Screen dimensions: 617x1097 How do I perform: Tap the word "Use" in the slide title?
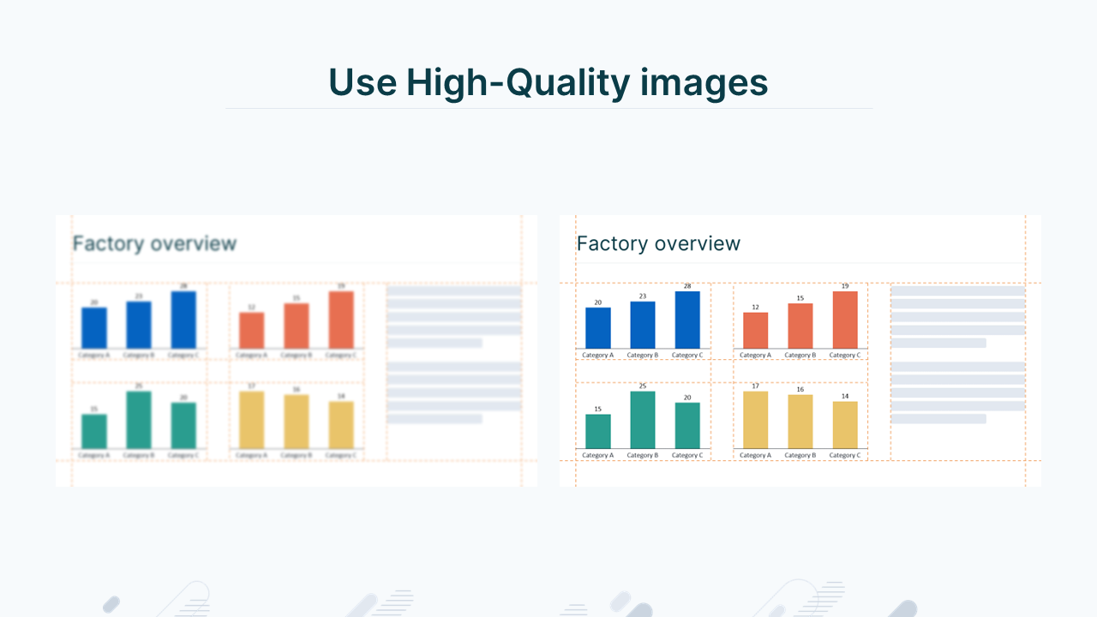pos(363,82)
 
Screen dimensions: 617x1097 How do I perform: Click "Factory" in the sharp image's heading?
pos(608,243)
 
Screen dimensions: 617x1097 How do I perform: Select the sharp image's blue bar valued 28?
pos(687,320)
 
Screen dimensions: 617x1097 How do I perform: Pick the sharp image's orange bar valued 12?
pos(756,330)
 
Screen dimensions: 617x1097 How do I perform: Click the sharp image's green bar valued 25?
pos(643,420)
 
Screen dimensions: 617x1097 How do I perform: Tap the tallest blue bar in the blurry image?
pos(183,320)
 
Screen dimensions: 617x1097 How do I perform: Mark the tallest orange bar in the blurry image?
pos(341,320)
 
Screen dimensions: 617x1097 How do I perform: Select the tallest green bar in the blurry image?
pos(139,420)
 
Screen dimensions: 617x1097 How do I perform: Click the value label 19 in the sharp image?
pos(845,285)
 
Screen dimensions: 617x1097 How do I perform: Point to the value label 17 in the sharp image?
pos(755,386)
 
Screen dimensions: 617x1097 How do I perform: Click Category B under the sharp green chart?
pos(643,455)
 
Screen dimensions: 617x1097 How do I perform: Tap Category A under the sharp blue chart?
pos(597,355)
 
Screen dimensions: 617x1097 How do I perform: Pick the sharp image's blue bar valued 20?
pos(598,327)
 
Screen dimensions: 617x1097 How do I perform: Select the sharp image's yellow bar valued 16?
pos(800,422)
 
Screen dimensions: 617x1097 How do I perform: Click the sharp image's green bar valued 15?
pos(598,431)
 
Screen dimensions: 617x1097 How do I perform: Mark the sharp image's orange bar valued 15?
pos(800,326)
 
